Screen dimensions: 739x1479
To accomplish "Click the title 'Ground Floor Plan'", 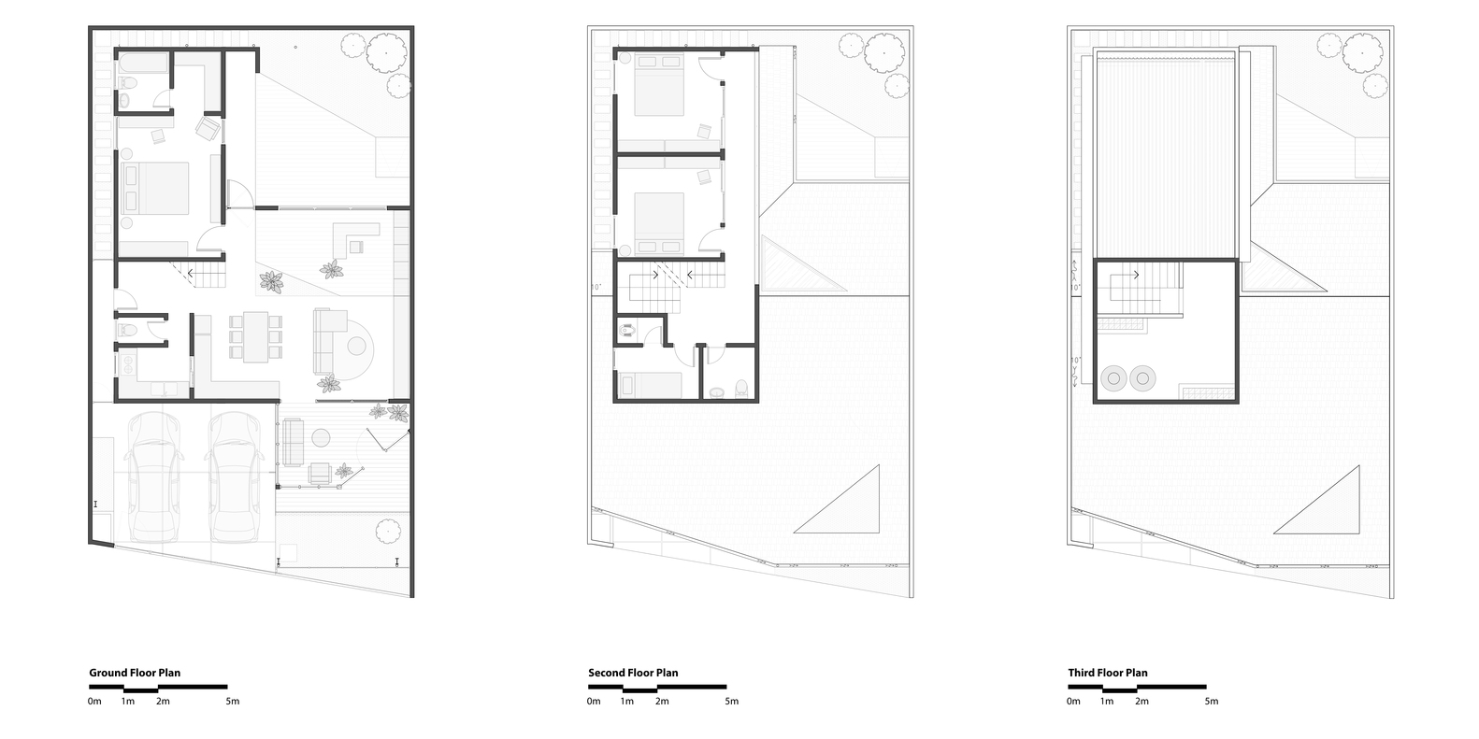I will [x=135, y=673].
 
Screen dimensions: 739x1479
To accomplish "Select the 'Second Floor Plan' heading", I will [x=633, y=673].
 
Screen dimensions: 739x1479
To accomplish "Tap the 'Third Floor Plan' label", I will [x=1108, y=673].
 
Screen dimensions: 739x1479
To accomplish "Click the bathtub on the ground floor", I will [x=143, y=63].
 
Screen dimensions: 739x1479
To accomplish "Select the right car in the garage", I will [x=234, y=476].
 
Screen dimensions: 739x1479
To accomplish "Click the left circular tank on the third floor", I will [x=1113, y=378].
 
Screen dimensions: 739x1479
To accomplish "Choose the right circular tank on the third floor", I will [x=1142, y=378].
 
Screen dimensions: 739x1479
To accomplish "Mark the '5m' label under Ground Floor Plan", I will [x=232, y=701].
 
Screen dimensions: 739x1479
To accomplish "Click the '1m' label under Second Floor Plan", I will [x=626, y=701].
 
